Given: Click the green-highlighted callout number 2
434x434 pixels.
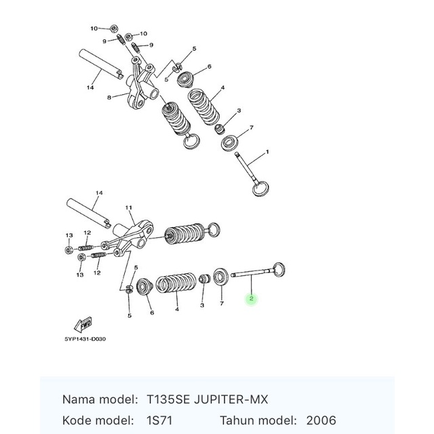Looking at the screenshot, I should coord(251,298).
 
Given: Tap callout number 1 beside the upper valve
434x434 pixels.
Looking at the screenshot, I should coord(267,153).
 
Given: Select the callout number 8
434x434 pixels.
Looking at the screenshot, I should coord(108,98).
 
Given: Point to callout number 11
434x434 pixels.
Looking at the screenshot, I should coord(129,207).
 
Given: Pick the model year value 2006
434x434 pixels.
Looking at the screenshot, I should coord(321,420).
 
